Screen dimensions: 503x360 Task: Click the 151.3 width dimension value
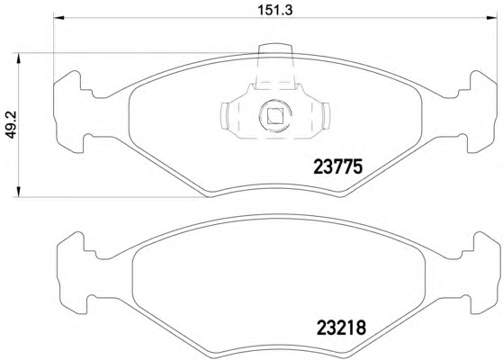[275, 11]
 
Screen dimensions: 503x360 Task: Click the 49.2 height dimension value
[11, 125]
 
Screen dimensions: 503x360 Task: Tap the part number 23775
[337, 166]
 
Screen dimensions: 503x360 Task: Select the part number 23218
[341, 328]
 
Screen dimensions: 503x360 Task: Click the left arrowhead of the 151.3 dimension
[58, 18]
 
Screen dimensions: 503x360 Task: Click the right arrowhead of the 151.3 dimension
[491, 18]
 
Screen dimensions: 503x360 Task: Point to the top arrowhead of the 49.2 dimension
[19, 58]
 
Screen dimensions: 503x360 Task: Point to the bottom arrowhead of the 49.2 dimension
[19, 191]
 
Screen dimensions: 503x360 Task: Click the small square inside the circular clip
[275, 116]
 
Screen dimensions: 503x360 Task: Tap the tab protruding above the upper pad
[275, 50]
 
